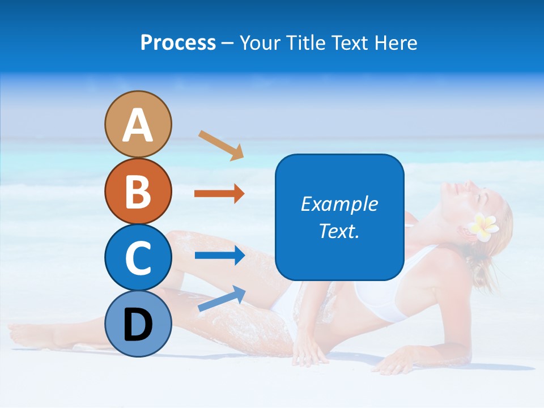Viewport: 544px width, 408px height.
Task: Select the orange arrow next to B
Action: click(219, 194)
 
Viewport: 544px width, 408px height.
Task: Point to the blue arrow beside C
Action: click(220, 256)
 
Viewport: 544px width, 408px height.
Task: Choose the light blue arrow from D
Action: click(222, 299)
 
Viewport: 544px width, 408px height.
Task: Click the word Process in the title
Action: click(178, 43)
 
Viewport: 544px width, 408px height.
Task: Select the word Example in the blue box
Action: click(339, 204)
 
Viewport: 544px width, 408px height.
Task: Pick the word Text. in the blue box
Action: click(339, 231)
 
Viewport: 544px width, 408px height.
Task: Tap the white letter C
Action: click(138, 258)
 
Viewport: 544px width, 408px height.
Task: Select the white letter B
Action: click(138, 192)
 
